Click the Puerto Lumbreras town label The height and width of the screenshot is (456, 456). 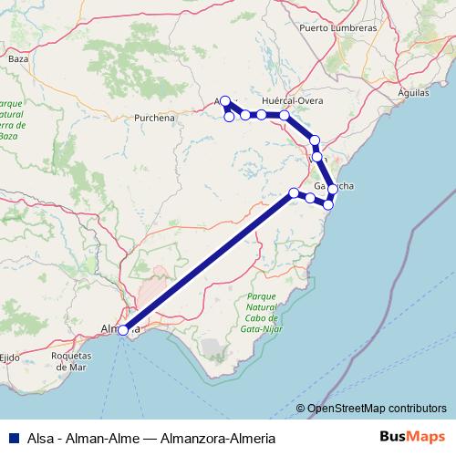[337, 28]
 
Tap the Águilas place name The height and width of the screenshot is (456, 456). [416, 93]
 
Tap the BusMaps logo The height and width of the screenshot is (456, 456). [408, 438]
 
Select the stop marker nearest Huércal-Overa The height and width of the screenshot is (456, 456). [285, 116]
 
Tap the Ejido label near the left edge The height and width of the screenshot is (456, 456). [10, 357]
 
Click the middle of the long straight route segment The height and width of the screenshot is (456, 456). [208, 262]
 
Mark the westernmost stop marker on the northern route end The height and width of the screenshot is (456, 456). [225, 101]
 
